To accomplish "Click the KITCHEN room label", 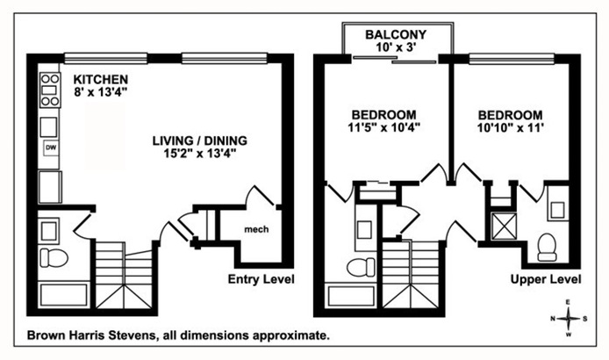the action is [100, 78].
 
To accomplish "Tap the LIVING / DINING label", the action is [199, 140].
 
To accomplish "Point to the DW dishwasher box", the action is [49, 148].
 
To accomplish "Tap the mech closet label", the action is [255, 230].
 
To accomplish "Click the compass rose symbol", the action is [570, 319].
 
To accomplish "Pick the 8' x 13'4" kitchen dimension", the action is [100, 92].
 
